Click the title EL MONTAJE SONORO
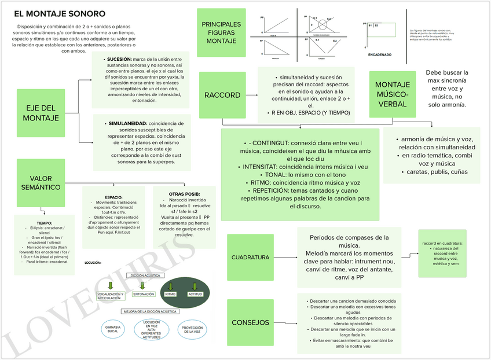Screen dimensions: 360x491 [59, 13]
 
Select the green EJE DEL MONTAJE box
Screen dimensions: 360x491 [41, 113]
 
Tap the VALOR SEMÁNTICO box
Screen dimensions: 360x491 [41, 183]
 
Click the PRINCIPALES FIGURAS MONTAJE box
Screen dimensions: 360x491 [221, 33]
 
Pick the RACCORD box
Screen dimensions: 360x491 [222, 95]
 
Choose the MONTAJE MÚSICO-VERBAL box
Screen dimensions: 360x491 [393, 94]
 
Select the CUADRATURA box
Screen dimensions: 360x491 [250, 257]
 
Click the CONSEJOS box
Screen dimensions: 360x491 [250, 322]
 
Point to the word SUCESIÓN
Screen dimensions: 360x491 [119, 59]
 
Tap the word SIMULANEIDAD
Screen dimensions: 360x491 [127, 123]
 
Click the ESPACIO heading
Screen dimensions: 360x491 [113, 197]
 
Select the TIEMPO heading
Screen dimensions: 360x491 [44, 223]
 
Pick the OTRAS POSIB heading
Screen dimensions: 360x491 [185, 194]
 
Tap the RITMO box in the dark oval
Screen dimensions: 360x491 [170, 295]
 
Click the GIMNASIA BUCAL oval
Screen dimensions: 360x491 [113, 330]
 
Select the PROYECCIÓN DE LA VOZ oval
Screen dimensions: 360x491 [192, 330]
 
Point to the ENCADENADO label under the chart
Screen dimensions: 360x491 [380, 55]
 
